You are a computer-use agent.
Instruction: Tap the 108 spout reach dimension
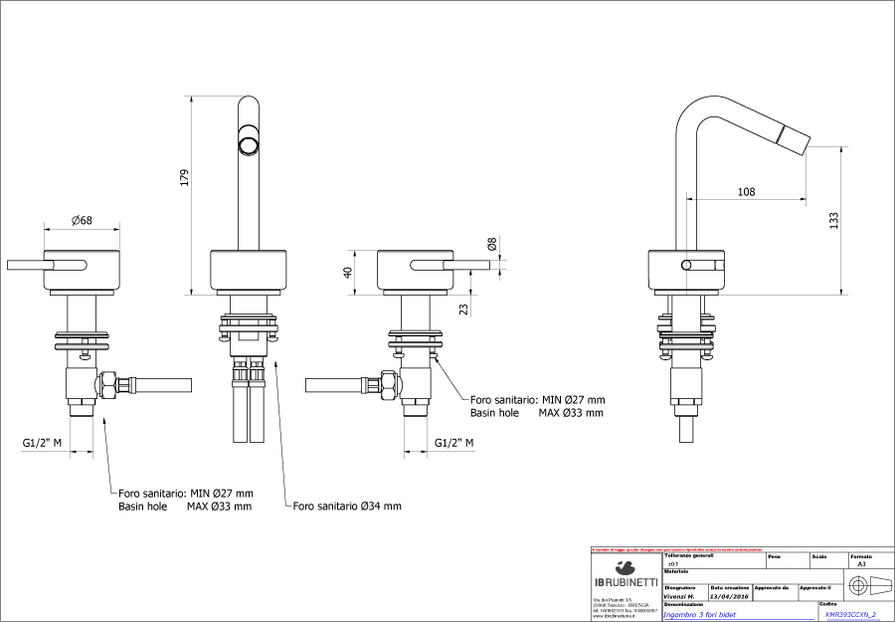coord(747,191)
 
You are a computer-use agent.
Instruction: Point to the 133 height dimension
coord(833,218)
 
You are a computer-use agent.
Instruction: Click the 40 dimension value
coord(349,273)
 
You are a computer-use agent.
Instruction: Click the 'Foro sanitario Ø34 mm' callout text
coord(347,506)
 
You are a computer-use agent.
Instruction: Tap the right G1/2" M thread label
coord(454,442)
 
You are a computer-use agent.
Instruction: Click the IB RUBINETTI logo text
coord(626,581)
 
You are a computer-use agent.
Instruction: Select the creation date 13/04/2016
coord(731,595)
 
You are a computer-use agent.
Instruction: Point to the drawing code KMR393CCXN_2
coord(850,615)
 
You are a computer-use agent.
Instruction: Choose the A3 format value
coord(861,563)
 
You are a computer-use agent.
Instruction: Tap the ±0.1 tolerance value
coord(673,563)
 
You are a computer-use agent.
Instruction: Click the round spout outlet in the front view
coord(246,146)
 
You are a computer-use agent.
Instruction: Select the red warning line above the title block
coord(676,548)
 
